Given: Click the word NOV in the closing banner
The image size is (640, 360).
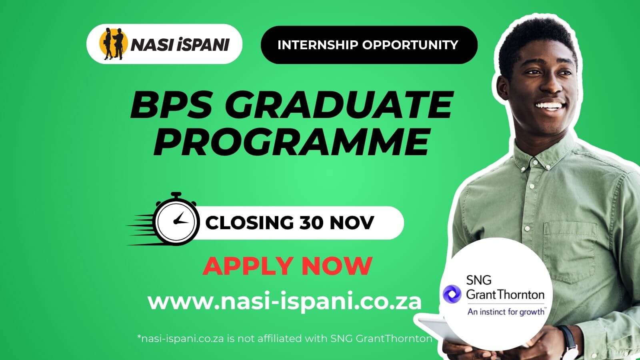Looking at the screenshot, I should point(352,223).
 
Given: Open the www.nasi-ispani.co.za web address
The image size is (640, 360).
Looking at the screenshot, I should point(284,301).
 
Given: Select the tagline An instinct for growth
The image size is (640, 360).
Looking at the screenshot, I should point(506,311).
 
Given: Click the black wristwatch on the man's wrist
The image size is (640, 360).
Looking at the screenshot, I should point(568,340).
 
